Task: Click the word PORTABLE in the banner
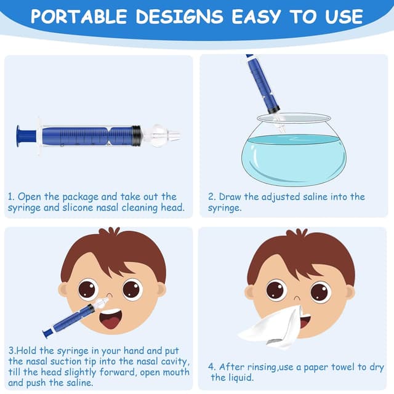(x=79, y=17)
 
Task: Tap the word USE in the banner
(x=344, y=17)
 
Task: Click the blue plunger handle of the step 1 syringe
(x=26, y=136)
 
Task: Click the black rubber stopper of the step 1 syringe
(x=137, y=135)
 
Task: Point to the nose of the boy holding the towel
(x=297, y=298)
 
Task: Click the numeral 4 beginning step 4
(x=211, y=367)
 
